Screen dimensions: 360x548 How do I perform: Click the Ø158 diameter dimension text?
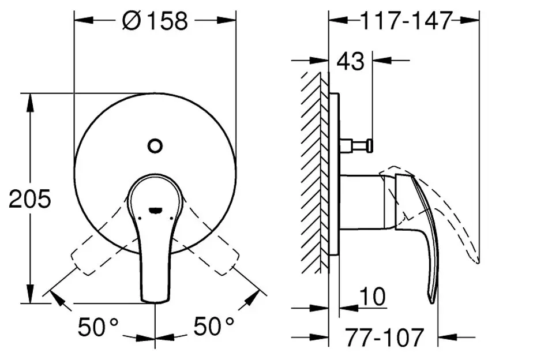coord(155,21)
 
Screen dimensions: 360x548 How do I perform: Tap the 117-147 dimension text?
coord(405,21)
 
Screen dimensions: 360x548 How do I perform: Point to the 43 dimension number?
coord(351,60)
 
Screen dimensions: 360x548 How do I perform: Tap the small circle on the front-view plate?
coord(155,145)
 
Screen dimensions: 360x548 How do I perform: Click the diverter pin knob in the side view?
coord(369,144)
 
